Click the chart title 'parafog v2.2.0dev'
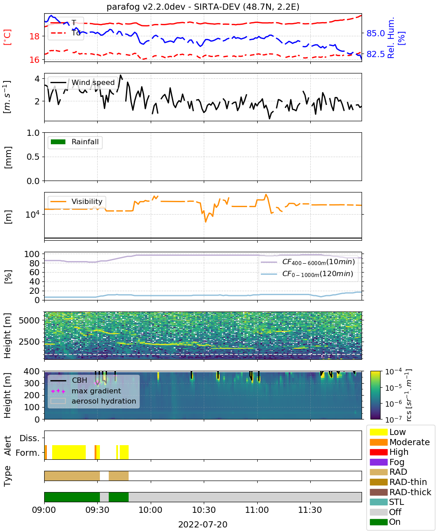coord(145,7)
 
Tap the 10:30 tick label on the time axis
coord(204,510)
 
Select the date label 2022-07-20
coord(203,524)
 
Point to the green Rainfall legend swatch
coord(58,142)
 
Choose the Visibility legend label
coord(87,201)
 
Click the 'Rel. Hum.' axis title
coord(391,37)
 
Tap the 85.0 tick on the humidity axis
coord(375,33)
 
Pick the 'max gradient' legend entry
coord(96,391)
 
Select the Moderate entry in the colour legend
coord(400,442)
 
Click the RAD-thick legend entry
coord(400,492)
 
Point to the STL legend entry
coord(387,502)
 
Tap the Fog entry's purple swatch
coord(378,462)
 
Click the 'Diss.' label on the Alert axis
coord(30,438)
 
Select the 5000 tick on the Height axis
coord(29,320)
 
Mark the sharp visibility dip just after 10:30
coord(206,222)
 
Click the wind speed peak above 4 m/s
coord(121,75)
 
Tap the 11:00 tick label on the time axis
coord(257,510)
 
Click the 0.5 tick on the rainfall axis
coord(33,157)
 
